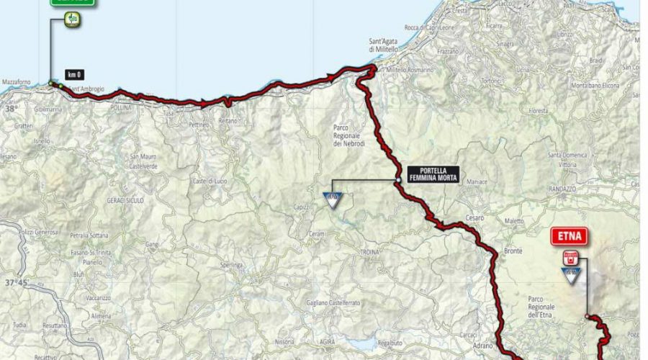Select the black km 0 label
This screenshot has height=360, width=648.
click(x=74, y=73)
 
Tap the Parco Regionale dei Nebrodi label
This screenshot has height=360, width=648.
click(x=346, y=135)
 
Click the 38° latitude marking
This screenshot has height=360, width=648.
click(x=10, y=109)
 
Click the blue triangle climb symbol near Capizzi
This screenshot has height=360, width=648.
click(x=333, y=199)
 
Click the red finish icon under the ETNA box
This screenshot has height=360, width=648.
click(x=572, y=257)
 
